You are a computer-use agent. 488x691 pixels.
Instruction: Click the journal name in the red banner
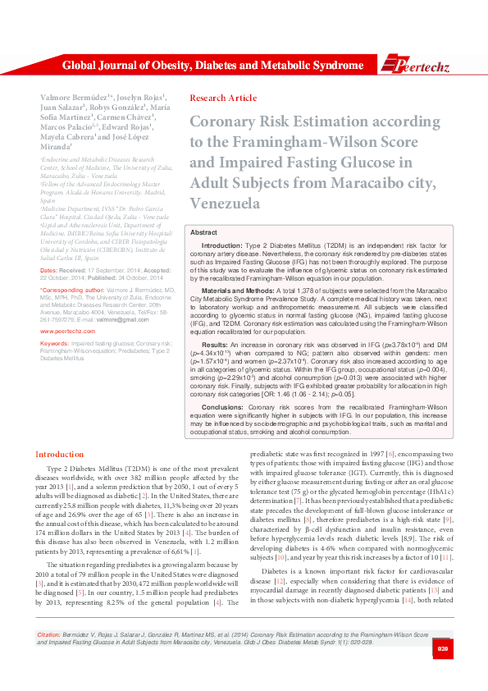pos(212,66)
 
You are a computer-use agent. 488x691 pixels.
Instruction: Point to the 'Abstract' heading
pos(203,233)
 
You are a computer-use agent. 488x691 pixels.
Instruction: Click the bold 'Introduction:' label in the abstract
pos(221,246)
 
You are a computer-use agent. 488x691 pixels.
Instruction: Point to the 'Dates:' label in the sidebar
pos(48,270)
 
